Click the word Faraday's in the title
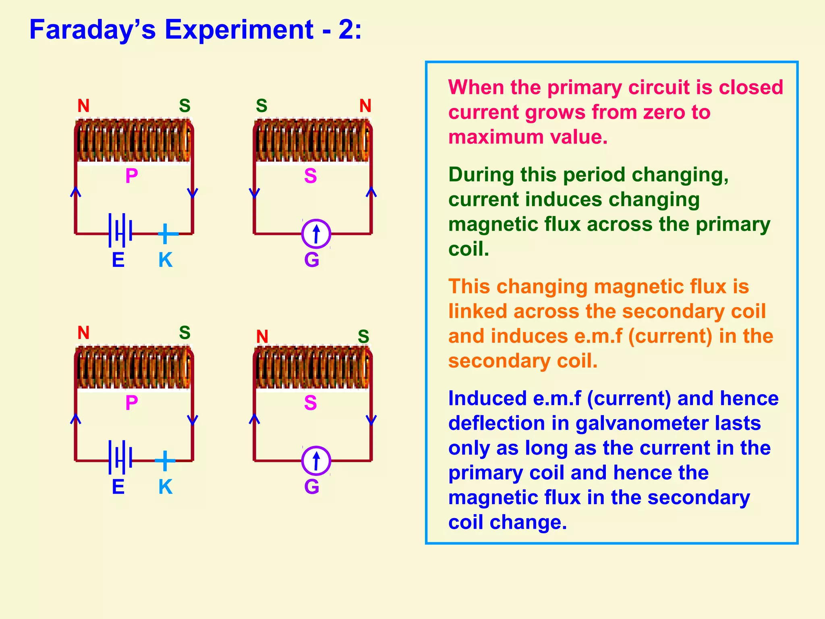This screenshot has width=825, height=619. click(92, 29)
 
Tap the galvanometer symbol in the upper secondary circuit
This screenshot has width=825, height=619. click(316, 234)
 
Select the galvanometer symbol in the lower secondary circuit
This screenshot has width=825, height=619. click(316, 461)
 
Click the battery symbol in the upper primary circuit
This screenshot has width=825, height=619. click(120, 231)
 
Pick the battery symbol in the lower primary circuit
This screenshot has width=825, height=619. click(120, 457)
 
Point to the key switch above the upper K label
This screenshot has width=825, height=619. click(166, 234)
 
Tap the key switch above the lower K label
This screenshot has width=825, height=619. click(165, 461)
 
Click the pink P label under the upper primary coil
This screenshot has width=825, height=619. click(132, 176)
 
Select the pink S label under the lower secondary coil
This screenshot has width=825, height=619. click(310, 403)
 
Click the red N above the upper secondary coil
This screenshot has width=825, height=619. click(365, 106)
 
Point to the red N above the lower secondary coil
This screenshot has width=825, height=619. click(262, 337)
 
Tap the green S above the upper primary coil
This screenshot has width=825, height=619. click(184, 106)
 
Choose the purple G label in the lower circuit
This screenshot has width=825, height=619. click(311, 487)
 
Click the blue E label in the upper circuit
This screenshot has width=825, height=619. click(118, 260)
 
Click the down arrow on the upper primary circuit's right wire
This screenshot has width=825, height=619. click(193, 193)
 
